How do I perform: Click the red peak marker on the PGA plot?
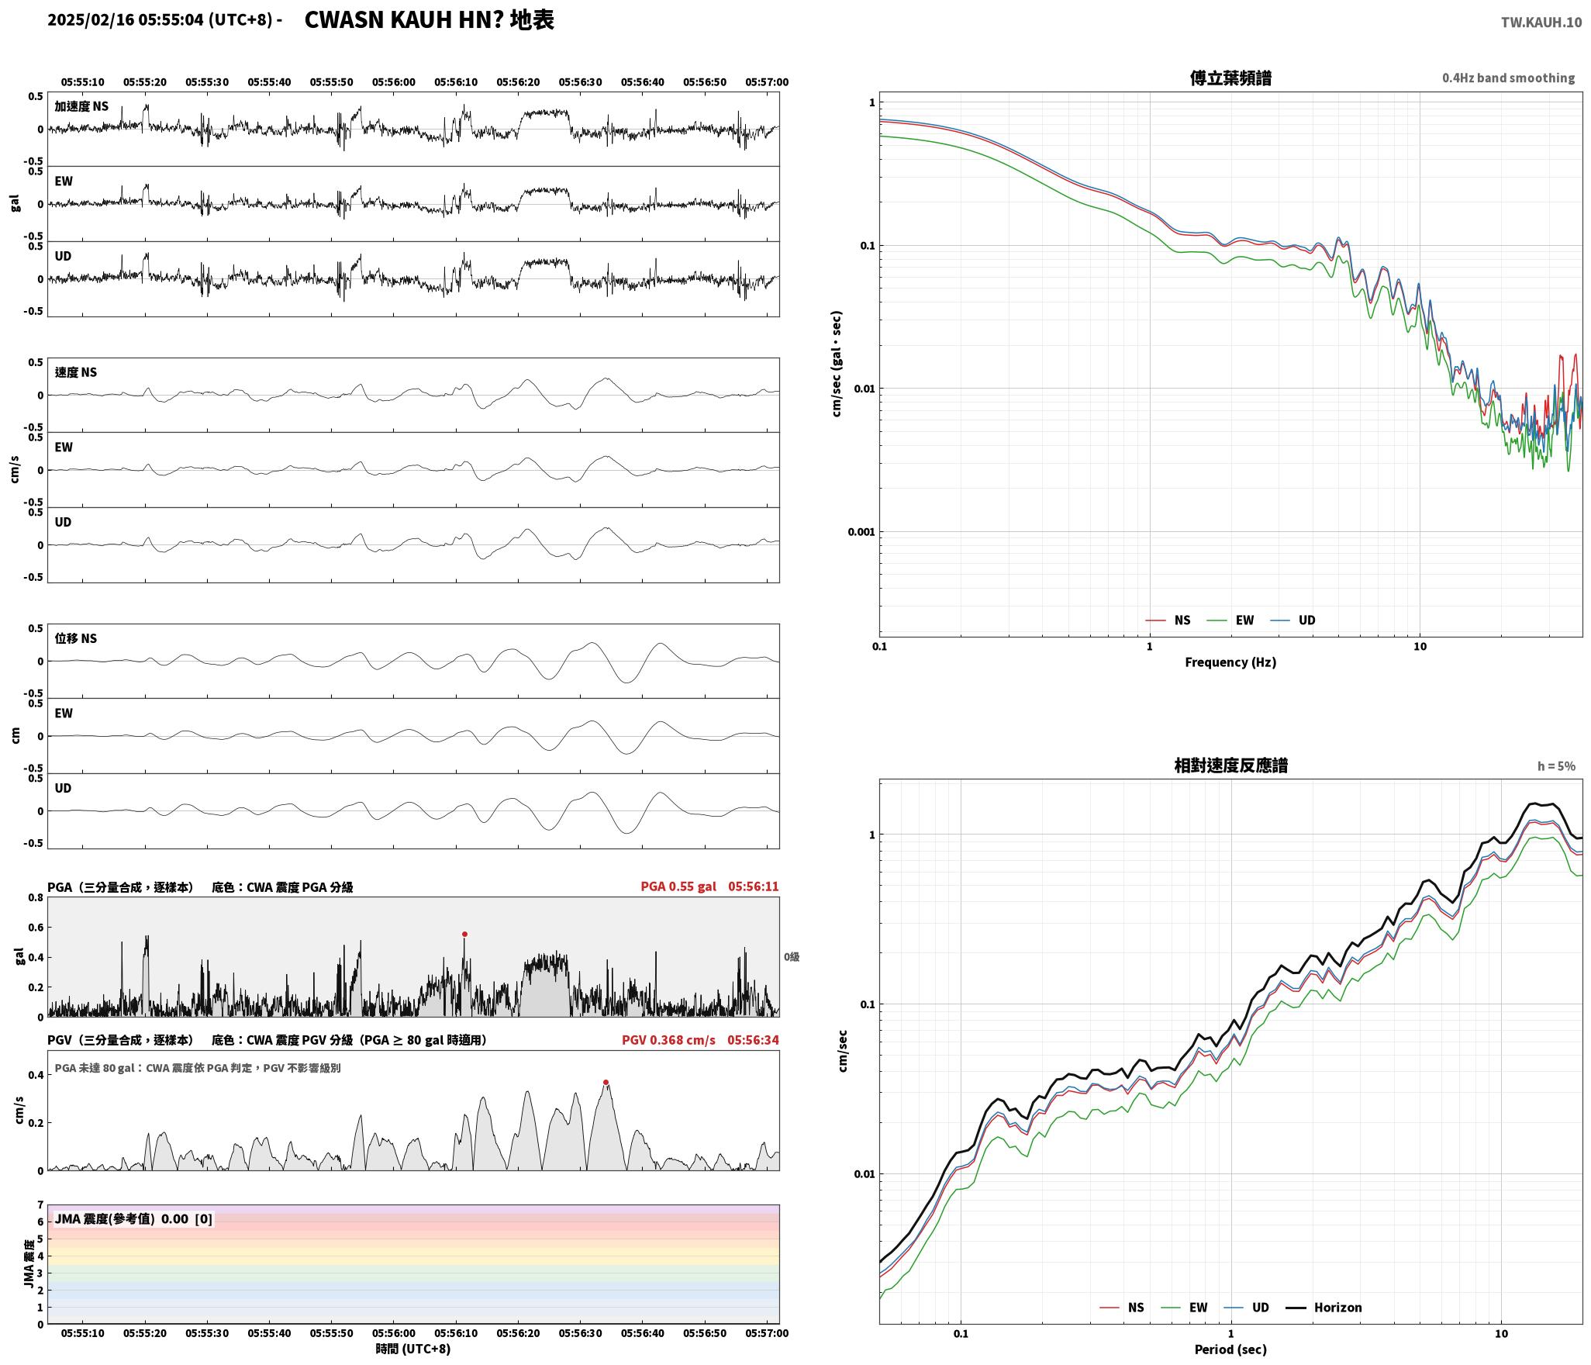[464, 935]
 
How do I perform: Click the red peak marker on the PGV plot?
[606, 1083]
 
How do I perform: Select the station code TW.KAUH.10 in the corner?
[1541, 22]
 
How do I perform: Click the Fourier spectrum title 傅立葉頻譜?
[1230, 78]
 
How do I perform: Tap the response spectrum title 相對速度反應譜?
[1230, 765]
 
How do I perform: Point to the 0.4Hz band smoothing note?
[1508, 78]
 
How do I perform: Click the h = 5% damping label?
[1556, 766]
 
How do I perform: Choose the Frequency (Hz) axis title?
[1230, 662]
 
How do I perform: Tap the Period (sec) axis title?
[1230, 1349]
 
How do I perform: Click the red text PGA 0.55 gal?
[678, 886]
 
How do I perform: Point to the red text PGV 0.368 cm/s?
[668, 1040]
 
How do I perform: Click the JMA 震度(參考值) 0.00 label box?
[133, 1219]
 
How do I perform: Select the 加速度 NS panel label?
[81, 106]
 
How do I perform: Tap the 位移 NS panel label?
[76, 638]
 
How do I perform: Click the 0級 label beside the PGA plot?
[791, 957]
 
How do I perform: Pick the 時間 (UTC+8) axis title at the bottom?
[413, 1349]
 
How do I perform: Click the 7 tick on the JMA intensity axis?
[40, 1205]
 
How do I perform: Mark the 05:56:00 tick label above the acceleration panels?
[394, 82]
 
